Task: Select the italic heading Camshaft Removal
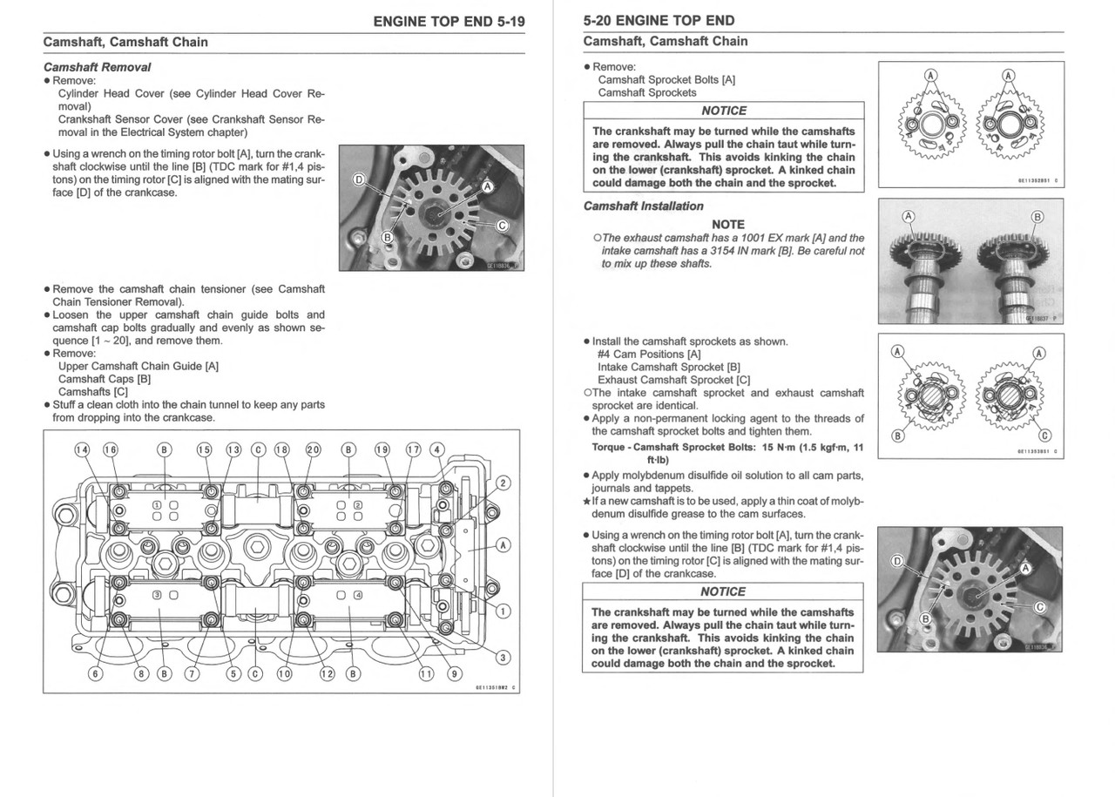(x=97, y=67)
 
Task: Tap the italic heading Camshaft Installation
(x=643, y=206)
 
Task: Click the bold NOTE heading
(x=727, y=224)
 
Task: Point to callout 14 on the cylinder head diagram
(x=82, y=449)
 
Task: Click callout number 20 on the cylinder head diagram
(x=313, y=449)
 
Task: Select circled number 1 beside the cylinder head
(x=503, y=611)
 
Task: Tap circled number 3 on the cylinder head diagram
(x=503, y=657)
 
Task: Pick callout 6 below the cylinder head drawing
(x=96, y=673)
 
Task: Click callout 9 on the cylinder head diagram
(x=454, y=673)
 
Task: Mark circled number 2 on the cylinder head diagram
(x=503, y=483)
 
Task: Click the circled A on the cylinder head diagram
(x=503, y=545)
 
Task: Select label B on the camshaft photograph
(x=1037, y=216)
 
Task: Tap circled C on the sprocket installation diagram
(x=1045, y=436)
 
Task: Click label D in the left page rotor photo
(x=358, y=179)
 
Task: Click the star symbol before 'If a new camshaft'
(x=587, y=501)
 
